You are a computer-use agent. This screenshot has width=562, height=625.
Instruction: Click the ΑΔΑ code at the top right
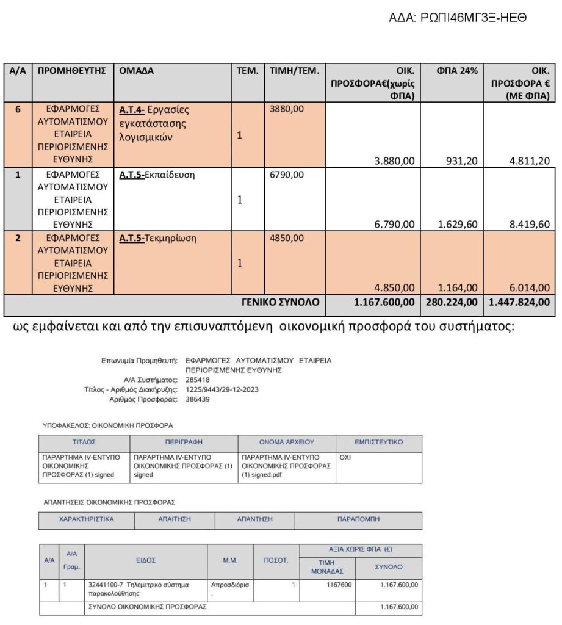(x=458, y=17)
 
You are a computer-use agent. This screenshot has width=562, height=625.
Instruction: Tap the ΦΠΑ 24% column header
(x=452, y=71)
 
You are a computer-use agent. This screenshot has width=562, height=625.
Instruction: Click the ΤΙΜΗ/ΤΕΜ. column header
(x=294, y=71)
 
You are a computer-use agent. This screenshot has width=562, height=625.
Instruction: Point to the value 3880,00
(x=287, y=110)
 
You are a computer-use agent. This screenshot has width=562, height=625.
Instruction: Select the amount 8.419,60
(x=530, y=224)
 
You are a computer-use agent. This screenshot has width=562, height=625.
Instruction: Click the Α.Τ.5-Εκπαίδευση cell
(x=157, y=175)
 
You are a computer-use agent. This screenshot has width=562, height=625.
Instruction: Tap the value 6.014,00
(x=530, y=287)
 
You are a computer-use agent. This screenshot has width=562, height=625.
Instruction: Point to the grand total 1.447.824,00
(x=518, y=302)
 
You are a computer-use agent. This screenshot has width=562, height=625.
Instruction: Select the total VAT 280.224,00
(x=451, y=302)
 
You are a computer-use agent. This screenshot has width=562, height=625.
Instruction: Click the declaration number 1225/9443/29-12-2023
(x=222, y=389)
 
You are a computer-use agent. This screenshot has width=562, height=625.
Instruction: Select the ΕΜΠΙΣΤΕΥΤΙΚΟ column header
(x=378, y=442)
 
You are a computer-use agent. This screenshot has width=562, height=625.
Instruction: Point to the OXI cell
(x=345, y=457)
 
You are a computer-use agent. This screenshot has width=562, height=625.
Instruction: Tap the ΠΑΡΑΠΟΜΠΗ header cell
(x=358, y=519)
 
